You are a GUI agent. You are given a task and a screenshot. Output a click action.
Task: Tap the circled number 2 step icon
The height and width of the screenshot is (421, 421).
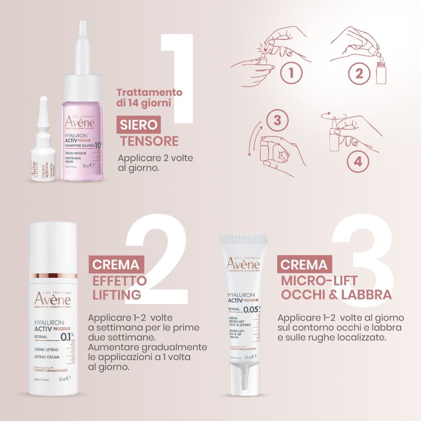359,73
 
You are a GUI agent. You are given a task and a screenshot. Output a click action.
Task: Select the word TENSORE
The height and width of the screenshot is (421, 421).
149,141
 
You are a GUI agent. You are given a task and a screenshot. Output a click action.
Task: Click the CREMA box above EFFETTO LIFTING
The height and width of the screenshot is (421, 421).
116,265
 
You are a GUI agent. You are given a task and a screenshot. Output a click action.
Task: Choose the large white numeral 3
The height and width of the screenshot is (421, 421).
362,261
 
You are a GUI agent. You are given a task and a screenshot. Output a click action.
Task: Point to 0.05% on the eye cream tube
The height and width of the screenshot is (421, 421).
252,310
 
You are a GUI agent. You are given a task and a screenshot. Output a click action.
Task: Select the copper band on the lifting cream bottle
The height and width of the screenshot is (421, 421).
53,276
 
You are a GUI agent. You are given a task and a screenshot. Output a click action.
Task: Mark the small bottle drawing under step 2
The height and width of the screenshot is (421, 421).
381,75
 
